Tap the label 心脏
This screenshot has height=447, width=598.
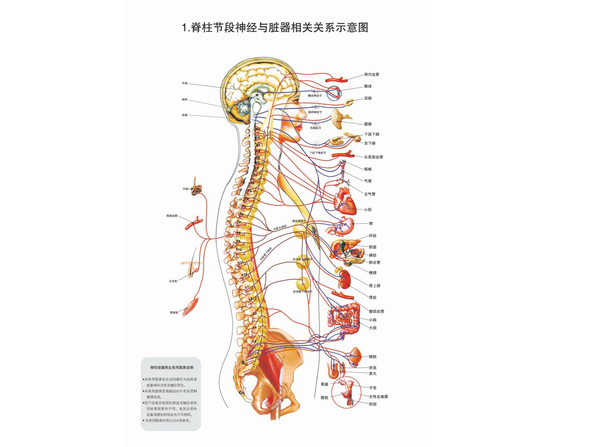pos(368,210)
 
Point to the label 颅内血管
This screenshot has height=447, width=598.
pos(371,75)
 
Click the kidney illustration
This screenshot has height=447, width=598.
pos(345,279)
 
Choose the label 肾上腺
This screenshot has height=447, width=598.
pos(375,286)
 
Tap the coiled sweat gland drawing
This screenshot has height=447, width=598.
pos(197,185)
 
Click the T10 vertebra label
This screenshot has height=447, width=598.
pos(239,250)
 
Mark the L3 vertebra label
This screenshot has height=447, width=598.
pos(255,314)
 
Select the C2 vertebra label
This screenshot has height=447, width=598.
pos(257,137)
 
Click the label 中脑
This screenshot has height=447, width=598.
pos(185,83)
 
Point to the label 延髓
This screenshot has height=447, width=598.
pos(185,115)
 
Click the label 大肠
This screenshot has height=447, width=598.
pos(373,328)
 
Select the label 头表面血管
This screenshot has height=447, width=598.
pos(373,157)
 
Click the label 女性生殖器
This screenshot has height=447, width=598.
pos(378,397)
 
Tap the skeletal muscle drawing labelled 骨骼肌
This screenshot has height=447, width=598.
pos(191,306)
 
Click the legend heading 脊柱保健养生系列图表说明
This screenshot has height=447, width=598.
pos(172,368)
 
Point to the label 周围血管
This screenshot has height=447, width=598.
pos(172,216)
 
